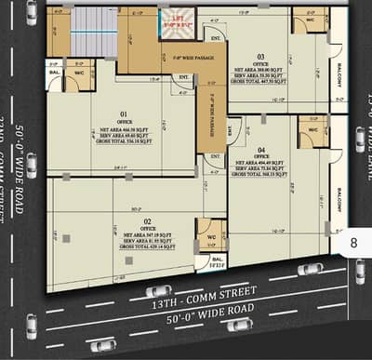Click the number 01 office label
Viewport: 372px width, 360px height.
tap(122, 114)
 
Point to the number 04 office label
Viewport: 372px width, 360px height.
tap(261, 150)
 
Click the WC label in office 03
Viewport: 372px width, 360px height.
tap(309, 20)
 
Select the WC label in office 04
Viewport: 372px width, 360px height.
tap(312, 130)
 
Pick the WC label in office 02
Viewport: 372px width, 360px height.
tap(211, 236)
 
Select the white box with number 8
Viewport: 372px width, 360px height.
tap(352, 242)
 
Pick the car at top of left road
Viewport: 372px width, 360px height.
tap(32, 12)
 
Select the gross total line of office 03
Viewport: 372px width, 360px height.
tap(261, 80)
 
